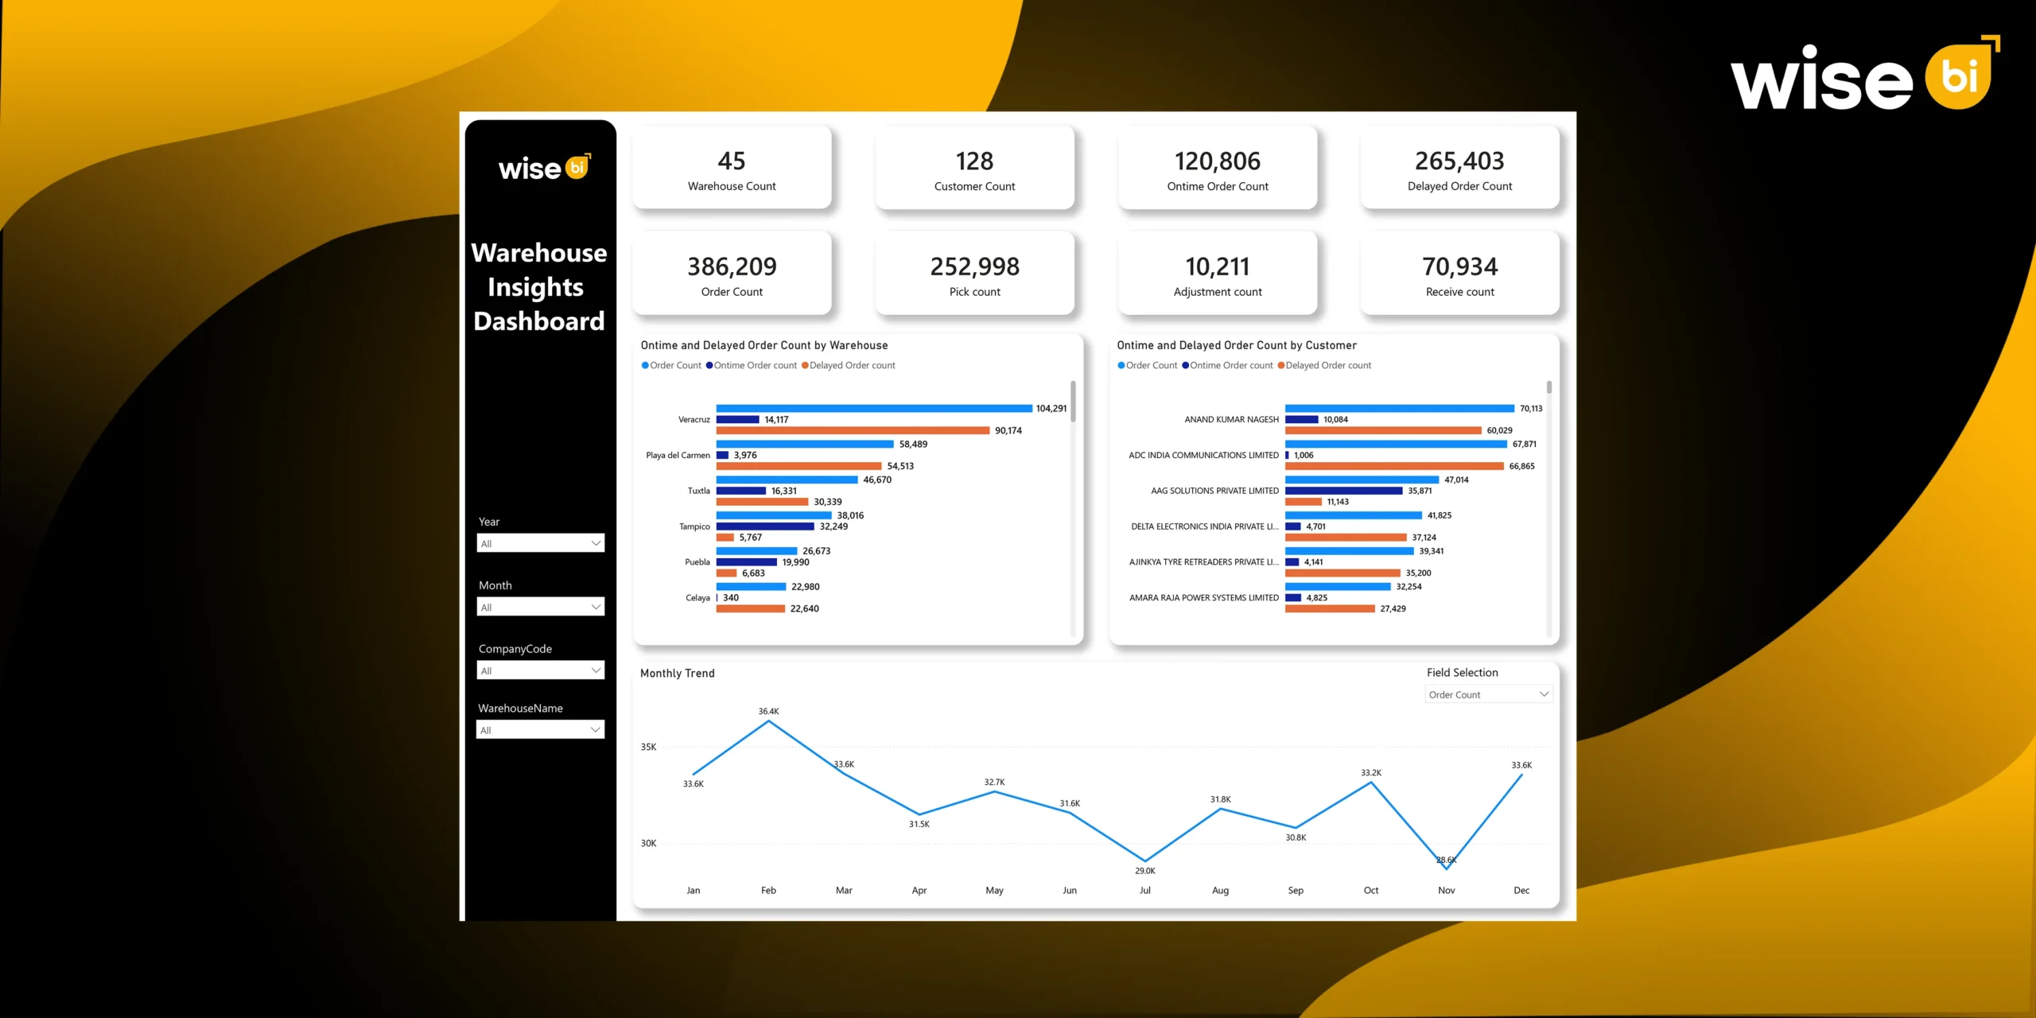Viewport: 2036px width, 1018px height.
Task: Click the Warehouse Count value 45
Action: (731, 161)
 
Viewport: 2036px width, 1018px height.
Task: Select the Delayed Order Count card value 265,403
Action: (1459, 161)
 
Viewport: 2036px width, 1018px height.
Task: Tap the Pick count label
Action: (974, 292)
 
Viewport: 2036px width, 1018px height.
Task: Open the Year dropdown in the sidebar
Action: (540, 543)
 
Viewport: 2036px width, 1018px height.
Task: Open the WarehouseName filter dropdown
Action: (540, 730)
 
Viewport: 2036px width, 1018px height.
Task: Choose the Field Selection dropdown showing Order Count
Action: (1488, 694)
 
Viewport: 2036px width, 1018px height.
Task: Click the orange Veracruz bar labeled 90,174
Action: (852, 430)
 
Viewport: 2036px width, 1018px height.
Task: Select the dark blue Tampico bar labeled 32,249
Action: (764, 526)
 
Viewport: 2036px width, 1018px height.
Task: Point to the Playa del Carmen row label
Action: (678, 456)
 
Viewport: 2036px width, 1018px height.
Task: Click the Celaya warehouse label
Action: (697, 598)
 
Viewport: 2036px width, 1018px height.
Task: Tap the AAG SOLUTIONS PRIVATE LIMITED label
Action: (1214, 492)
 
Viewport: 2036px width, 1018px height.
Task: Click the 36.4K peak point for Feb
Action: (768, 721)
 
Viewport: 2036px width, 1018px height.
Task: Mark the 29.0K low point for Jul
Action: (1144, 861)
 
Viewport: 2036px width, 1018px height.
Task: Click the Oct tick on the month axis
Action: (1370, 891)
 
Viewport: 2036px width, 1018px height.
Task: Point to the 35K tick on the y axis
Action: (648, 748)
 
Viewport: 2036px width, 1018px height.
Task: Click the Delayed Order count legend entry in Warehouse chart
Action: (851, 366)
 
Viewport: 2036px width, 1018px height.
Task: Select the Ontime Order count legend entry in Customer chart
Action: (1230, 366)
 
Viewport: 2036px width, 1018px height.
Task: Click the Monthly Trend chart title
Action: (677, 674)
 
